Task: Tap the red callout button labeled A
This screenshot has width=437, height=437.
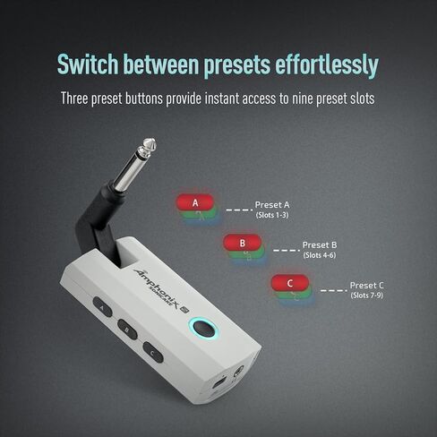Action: (195, 203)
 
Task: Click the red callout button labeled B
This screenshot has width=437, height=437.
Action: (242, 242)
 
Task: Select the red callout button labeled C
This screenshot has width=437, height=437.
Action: (289, 284)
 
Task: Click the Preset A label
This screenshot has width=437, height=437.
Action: (272, 204)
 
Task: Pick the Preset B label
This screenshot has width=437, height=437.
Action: (319, 244)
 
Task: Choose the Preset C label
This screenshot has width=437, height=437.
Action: (367, 285)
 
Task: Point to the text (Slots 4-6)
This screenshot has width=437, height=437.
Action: (319, 255)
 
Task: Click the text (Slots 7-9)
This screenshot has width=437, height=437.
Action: (367, 296)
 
